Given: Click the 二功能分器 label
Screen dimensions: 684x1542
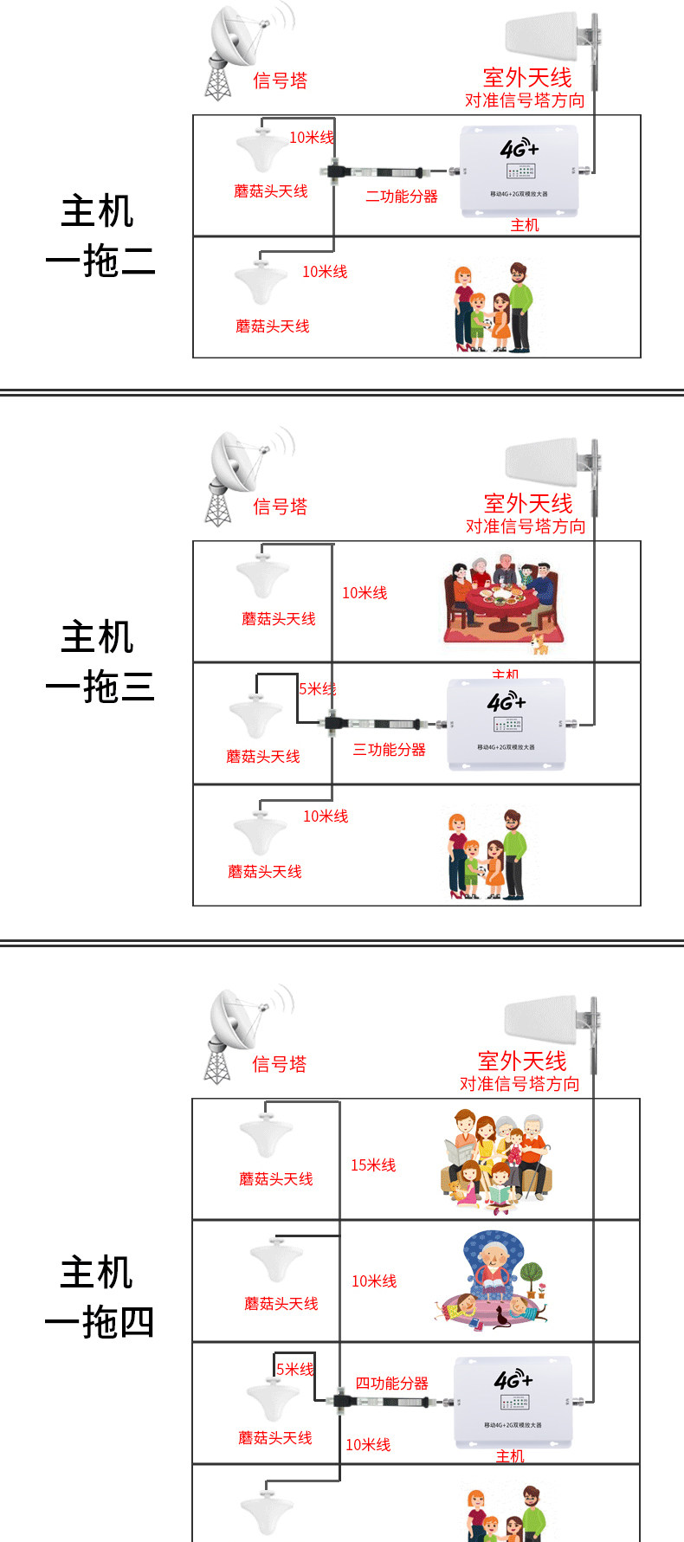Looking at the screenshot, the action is pos(402,197).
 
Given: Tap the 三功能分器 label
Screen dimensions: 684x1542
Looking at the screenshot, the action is pos(390,750).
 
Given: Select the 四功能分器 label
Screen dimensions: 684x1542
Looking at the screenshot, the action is pos(392,1384).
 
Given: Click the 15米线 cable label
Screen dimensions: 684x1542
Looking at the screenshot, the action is pos(373,1165).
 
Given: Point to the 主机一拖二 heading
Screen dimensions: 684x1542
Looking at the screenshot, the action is pos(99,235).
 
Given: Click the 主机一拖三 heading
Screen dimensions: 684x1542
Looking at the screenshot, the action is pos(99,661).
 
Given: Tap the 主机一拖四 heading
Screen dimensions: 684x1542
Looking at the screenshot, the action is pos(99,1297).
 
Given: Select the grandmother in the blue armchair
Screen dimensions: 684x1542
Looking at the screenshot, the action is pos(494,1273).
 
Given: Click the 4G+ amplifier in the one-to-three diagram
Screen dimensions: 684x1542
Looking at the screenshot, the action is pos(507,723).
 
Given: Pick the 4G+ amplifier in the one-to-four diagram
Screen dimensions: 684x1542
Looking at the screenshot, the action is pos(513,1401).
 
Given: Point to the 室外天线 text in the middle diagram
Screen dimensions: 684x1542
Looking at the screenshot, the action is pos(528,503).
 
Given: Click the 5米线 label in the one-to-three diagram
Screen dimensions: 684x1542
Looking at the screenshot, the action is pos(317,689).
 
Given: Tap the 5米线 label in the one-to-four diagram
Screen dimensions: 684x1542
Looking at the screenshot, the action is pos(295,1369).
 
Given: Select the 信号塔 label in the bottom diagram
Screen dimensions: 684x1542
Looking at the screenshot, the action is pos(279,1064).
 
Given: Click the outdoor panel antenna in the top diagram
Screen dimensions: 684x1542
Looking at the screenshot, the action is pos(543,36).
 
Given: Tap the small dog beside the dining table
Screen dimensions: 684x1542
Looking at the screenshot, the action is pos(540,643).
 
